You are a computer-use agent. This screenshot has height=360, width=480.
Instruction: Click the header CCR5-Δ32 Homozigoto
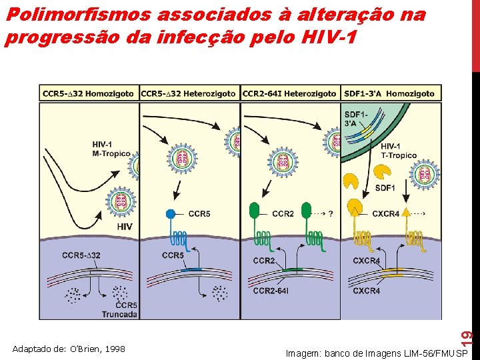[89, 93]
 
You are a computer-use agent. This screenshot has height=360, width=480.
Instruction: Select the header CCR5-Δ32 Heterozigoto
[189, 93]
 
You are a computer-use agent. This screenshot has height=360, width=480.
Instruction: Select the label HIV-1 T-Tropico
[399, 151]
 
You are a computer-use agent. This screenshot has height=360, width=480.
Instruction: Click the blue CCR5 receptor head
[171, 215]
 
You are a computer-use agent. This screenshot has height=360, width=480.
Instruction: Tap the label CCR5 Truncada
[120, 309]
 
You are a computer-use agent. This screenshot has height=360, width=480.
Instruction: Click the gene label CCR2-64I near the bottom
[271, 291]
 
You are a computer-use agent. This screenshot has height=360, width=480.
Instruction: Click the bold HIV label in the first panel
[124, 227]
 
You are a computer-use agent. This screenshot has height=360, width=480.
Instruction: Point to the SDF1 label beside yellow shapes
[385, 188]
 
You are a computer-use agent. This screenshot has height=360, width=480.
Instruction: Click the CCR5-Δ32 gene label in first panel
[81, 255]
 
